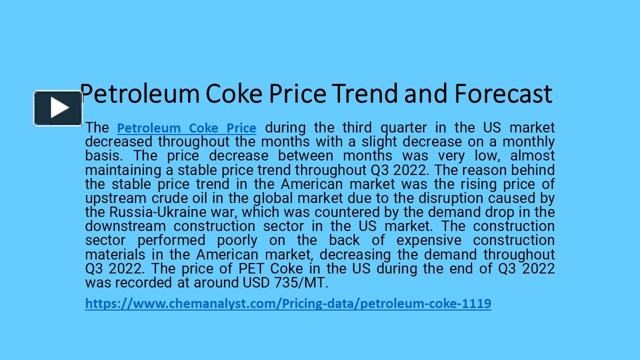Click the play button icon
click(58, 108)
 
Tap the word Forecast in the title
click(503, 93)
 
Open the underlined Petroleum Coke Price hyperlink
click(186, 128)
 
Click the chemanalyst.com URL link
click(288, 303)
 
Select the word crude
click(172, 198)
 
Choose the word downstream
click(124, 226)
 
